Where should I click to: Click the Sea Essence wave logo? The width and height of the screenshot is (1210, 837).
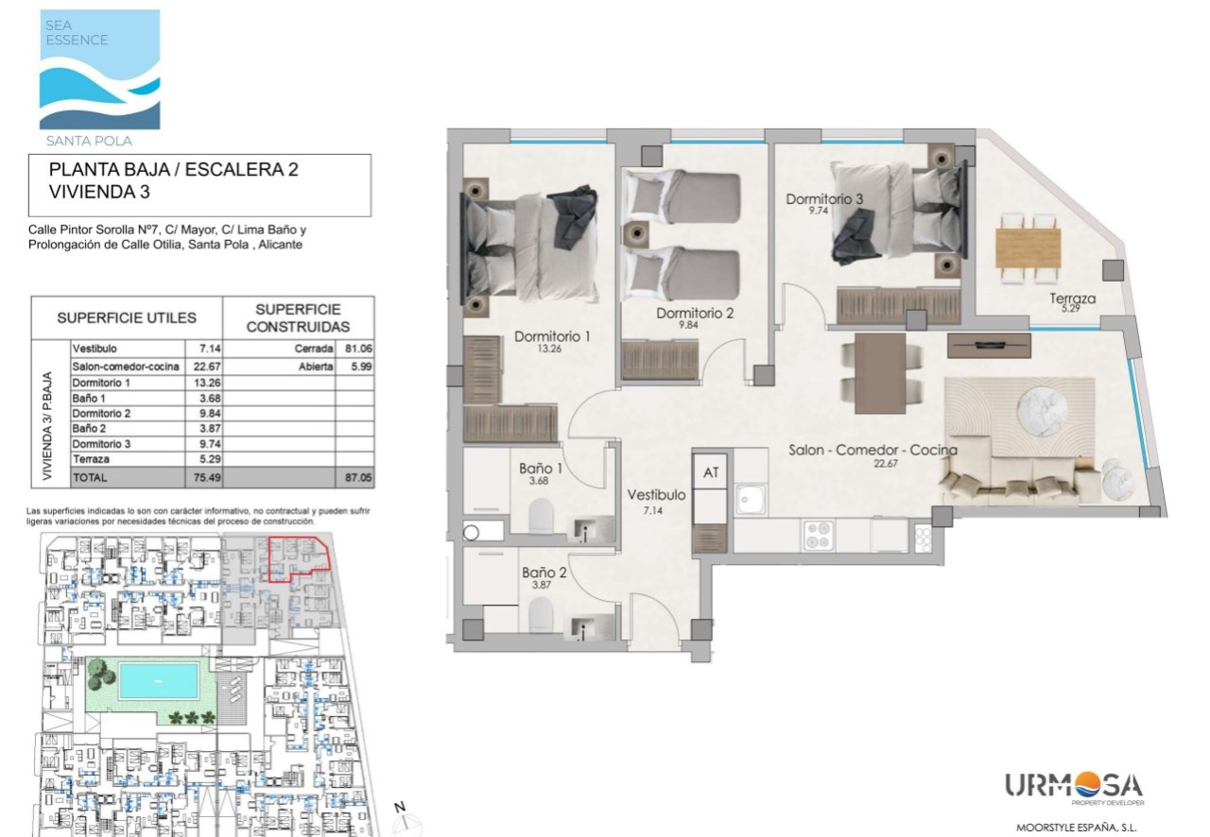point(100,69)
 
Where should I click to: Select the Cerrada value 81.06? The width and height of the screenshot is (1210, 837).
point(358,349)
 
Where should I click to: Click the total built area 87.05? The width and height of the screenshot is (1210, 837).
point(358,477)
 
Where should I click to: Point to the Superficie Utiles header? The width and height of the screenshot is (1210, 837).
point(127,317)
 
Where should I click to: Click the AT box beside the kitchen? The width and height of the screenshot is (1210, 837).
point(710,472)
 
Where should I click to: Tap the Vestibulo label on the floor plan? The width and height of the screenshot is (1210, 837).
point(656,495)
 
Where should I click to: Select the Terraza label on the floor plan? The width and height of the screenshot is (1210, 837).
point(1072,299)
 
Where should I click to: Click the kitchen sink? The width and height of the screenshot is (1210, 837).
point(750,499)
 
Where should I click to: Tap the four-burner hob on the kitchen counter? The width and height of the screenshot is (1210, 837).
point(819,535)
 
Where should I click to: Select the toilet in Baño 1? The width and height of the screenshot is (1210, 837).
point(542,515)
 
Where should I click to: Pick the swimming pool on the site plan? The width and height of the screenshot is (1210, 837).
point(158,680)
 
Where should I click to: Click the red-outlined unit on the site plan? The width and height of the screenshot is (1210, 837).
point(298,559)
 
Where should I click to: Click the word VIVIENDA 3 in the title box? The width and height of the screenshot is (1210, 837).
point(99,192)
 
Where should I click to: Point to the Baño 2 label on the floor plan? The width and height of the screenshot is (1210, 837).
point(544,572)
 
